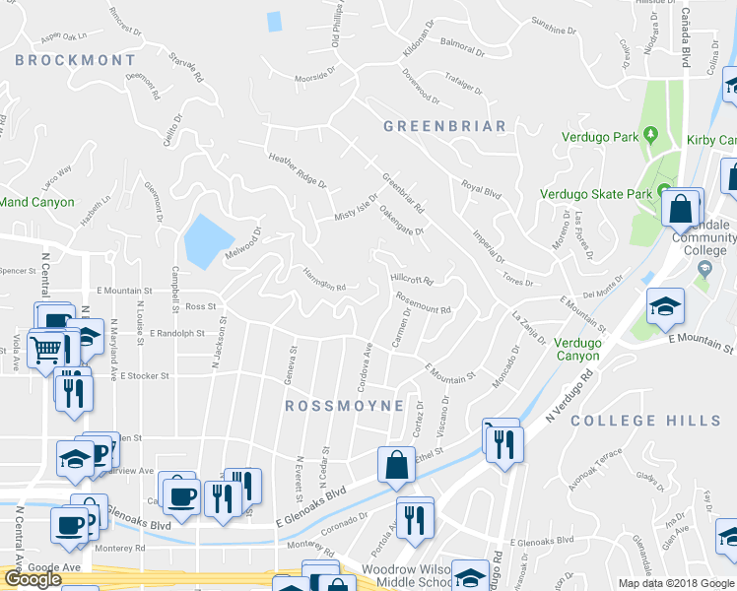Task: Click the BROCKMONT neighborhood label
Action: point(76,60)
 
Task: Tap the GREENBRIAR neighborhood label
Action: point(443,126)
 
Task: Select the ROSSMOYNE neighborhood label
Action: point(344,406)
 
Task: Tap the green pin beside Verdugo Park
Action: point(650,134)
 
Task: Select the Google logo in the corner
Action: point(33,579)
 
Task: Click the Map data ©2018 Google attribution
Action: point(676,583)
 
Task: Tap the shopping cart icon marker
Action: point(46,348)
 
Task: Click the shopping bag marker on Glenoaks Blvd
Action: point(396,465)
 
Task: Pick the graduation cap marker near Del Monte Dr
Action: point(665,306)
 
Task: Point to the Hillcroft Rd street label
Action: point(412,279)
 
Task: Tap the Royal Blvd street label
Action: point(481,187)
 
